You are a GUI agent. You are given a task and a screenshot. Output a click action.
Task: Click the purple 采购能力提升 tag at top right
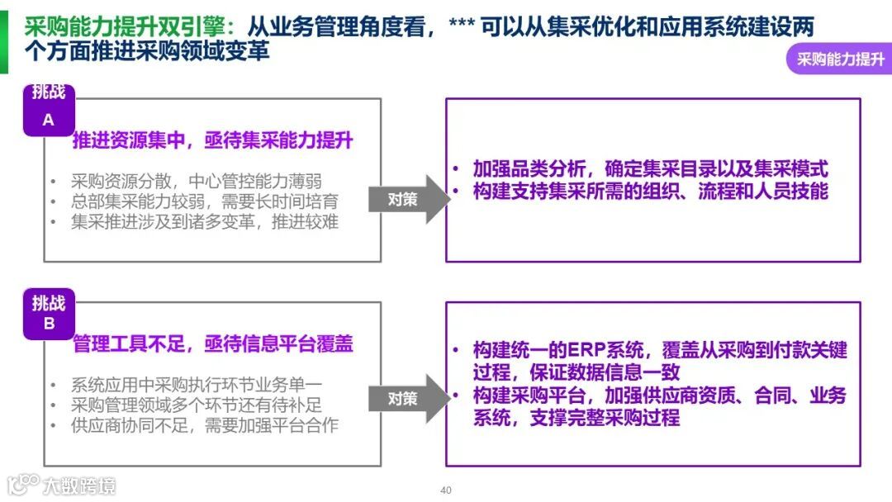click(x=839, y=59)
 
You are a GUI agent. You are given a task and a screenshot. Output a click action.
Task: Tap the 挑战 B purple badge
click(x=49, y=314)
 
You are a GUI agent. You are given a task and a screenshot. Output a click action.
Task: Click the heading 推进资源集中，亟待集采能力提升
click(x=213, y=140)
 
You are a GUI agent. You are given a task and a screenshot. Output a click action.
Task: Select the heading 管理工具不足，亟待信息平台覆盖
click(x=213, y=343)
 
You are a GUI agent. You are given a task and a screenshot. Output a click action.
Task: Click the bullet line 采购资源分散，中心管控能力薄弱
click(x=196, y=182)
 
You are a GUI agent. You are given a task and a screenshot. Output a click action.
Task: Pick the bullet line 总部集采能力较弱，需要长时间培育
click(x=204, y=201)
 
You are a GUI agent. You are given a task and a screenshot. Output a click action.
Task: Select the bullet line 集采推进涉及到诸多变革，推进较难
click(x=204, y=221)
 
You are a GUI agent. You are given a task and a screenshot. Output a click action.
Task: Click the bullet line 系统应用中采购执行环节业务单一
click(x=196, y=385)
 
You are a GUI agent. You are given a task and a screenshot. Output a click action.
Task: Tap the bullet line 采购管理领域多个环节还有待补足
click(x=196, y=405)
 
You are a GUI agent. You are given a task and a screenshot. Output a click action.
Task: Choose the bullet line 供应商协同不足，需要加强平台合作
click(x=204, y=425)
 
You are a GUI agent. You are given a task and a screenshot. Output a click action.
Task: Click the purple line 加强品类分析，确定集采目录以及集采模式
click(x=650, y=169)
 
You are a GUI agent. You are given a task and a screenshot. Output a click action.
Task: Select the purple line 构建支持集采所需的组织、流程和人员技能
click(x=650, y=191)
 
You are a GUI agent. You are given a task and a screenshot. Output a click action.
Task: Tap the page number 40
click(x=446, y=490)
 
